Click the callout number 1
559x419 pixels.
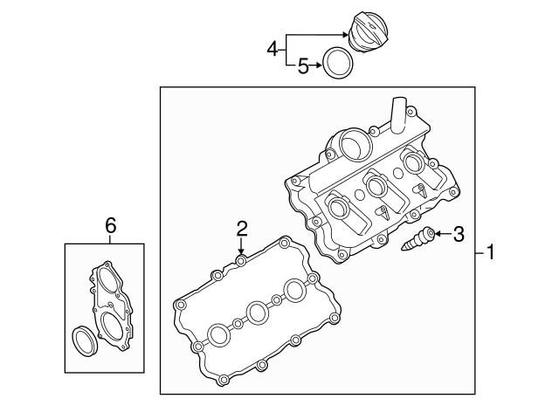coord(491,253)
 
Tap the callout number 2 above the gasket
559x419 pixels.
coord(242,229)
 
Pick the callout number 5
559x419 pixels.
coord(303,65)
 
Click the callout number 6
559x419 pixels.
coord(110,225)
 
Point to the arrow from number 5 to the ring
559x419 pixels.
coord(316,65)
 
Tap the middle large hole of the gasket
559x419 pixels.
coord(258,312)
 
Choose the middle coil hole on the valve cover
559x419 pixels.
coord(377,185)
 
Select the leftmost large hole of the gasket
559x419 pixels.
coord(217,333)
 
